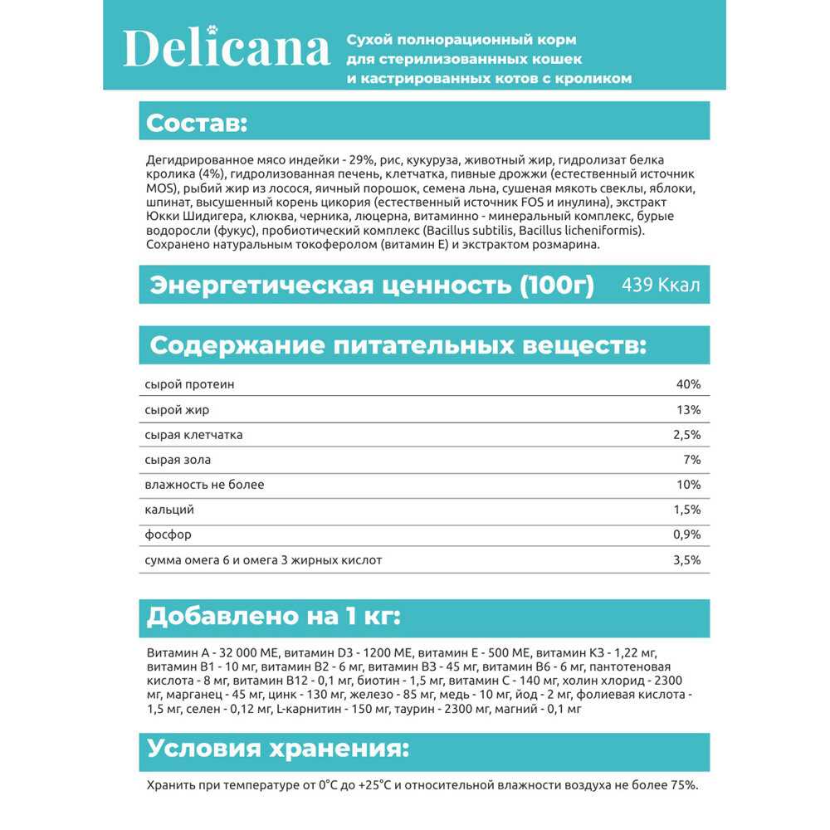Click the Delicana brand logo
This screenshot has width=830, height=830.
click(226, 50)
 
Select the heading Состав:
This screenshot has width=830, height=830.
click(197, 123)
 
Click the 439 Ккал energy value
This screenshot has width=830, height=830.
click(661, 286)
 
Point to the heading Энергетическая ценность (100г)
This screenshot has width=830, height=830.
click(371, 286)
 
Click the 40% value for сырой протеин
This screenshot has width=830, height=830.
click(689, 385)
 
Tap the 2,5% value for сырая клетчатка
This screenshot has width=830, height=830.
click(686, 435)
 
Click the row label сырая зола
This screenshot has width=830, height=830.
click(177, 460)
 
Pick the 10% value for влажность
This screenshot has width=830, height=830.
click(689, 485)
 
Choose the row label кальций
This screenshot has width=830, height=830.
click(168, 510)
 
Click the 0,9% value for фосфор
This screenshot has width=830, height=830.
click(686, 535)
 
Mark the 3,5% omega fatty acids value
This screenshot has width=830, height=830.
click(686, 560)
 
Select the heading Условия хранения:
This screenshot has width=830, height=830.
click(278, 749)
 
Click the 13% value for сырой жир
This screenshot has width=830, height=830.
click(689, 410)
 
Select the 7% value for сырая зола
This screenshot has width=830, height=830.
click(692, 460)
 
